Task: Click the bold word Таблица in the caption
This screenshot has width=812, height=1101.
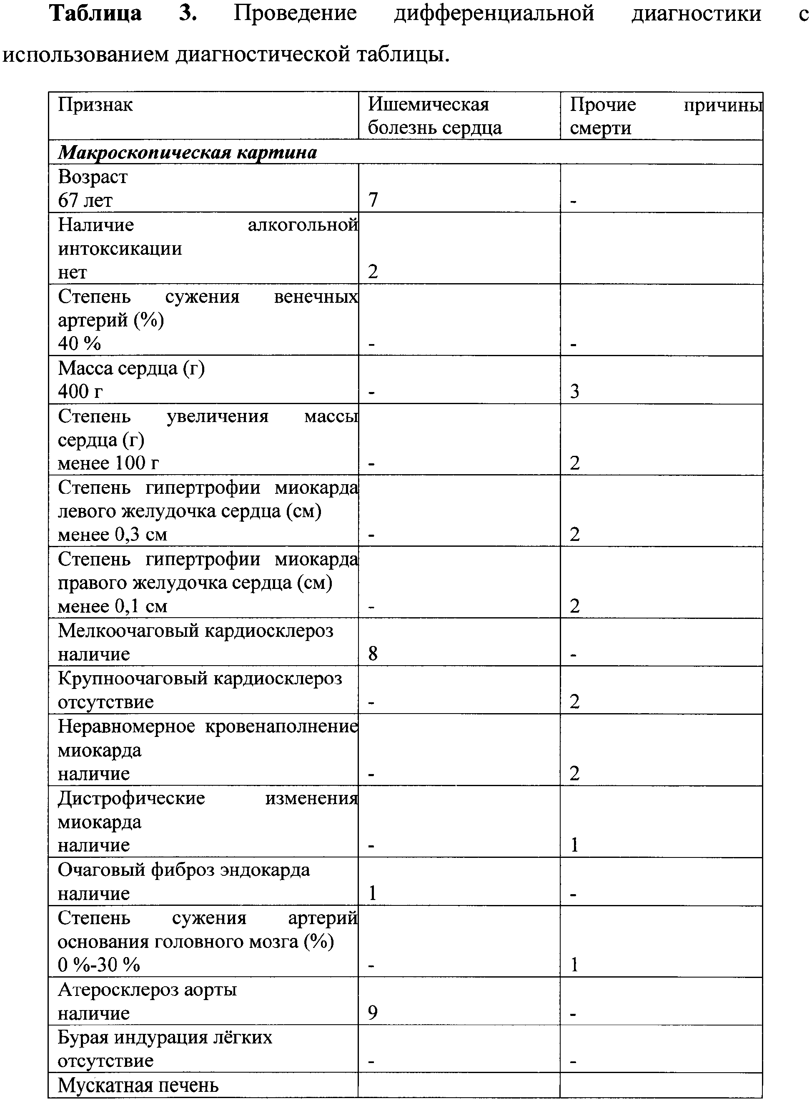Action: coord(96,13)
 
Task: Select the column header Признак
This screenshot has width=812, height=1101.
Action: coord(95,105)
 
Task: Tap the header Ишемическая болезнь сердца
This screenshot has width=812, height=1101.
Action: coord(435,116)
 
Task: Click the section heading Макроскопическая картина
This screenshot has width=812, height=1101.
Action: coord(187,153)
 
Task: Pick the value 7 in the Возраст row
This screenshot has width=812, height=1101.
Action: coord(373,200)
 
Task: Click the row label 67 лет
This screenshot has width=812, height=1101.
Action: coord(85,200)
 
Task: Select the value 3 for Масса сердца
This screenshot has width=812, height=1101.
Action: coord(574,392)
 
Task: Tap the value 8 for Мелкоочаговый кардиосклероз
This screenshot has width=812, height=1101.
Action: coord(373,654)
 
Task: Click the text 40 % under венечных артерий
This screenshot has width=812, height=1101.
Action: coord(80,343)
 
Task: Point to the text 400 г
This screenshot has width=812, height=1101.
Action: coord(80,392)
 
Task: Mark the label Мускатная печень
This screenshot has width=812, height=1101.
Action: coord(138,1085)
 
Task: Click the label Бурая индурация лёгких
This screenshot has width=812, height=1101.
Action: coord(165,1037)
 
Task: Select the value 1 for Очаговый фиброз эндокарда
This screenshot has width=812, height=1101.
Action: coord(373,892)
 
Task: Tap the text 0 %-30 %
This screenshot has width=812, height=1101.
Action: coord(99,965)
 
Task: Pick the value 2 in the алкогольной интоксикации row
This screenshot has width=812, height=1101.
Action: coord(373,271)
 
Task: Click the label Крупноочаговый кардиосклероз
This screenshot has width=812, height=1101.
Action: coord(200,679)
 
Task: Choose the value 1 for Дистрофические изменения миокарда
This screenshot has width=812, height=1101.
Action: coord(574,845)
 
